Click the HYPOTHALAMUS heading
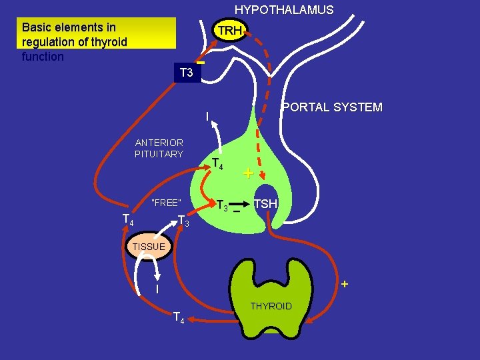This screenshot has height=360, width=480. click(283, 10)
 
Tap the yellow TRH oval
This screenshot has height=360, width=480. click(229, 31)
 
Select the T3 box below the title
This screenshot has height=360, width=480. click(186, 73)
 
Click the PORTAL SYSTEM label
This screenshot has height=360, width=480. click(332, 107)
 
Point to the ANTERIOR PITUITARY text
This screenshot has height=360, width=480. click(159, 148)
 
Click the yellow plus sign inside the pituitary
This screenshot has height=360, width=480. click(247, 174)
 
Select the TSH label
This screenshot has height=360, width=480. click(265, 203)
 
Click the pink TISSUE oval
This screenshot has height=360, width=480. click(148, 246)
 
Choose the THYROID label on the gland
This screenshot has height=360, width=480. click(271, 306)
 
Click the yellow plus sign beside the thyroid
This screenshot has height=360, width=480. click(344, 284)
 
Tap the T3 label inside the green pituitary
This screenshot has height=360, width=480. click(223, 206)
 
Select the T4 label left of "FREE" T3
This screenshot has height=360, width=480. click(128, 220)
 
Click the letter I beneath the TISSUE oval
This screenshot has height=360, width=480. click(157, 289)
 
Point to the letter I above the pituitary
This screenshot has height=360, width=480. click(207, 117)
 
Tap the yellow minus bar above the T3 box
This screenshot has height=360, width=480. click(200, 63)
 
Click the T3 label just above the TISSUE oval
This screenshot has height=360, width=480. click(183, 221)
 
